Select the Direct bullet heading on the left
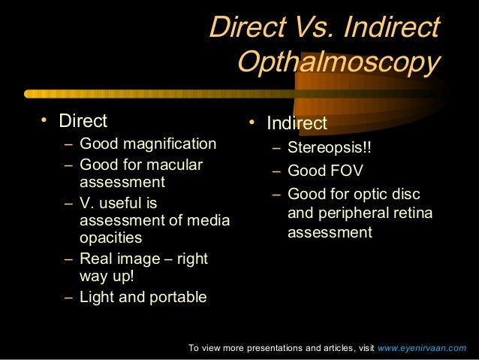click(83, 121)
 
